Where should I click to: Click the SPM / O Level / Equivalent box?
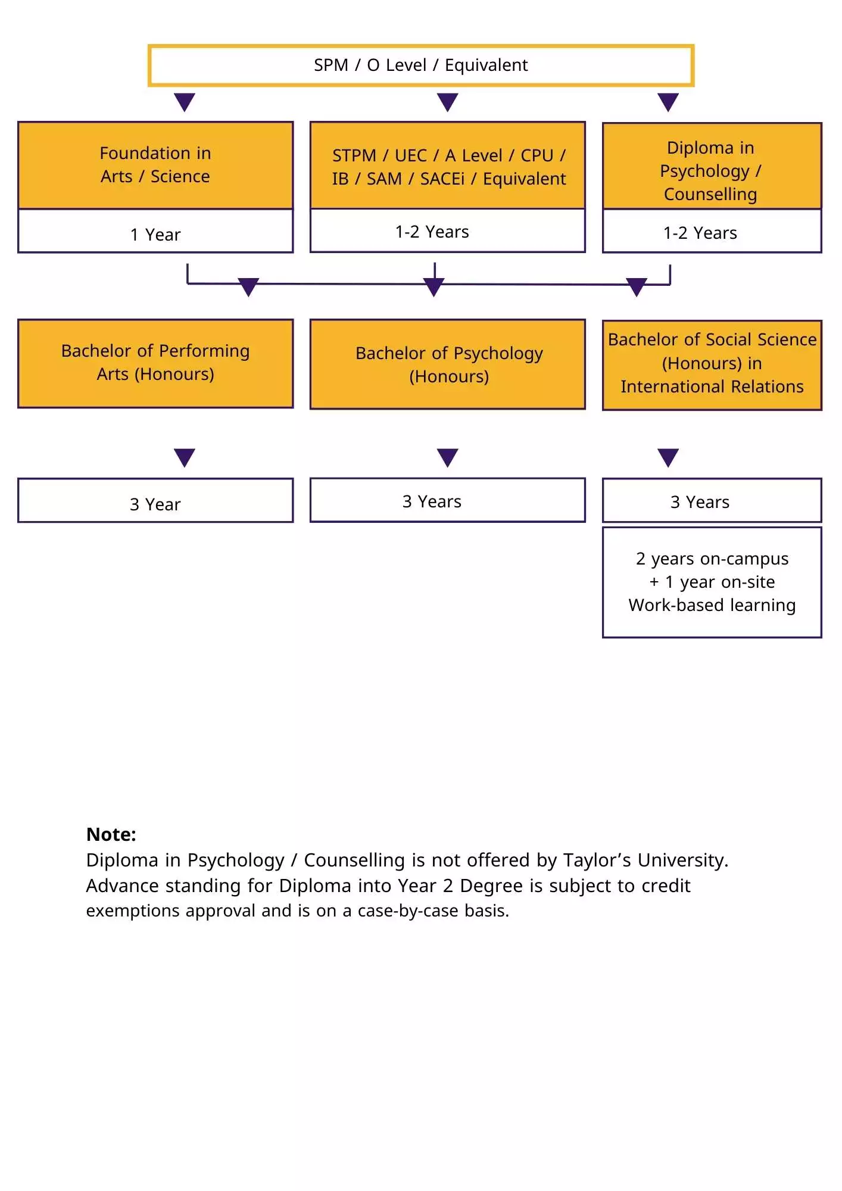tap(420, 65)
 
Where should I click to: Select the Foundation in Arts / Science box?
tap(155, 165)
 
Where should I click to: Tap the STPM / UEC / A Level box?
tap(448, 166)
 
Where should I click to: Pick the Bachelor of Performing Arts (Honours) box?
tap(155, 363)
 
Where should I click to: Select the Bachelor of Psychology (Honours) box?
tap(448, 364)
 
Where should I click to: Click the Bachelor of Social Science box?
tap(712, 364)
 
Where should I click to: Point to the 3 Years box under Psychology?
tap(448, 501)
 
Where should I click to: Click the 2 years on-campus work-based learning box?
tap(712, 582)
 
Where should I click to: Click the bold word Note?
tap(111, 834)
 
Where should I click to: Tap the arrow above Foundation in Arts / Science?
tap(185, 102)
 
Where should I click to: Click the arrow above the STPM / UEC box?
tap(447, 102)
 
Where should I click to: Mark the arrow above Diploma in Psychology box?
tap(668, 102)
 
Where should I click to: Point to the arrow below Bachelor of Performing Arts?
tap(185, 457)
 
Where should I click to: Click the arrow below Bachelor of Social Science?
tap(668, 457)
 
